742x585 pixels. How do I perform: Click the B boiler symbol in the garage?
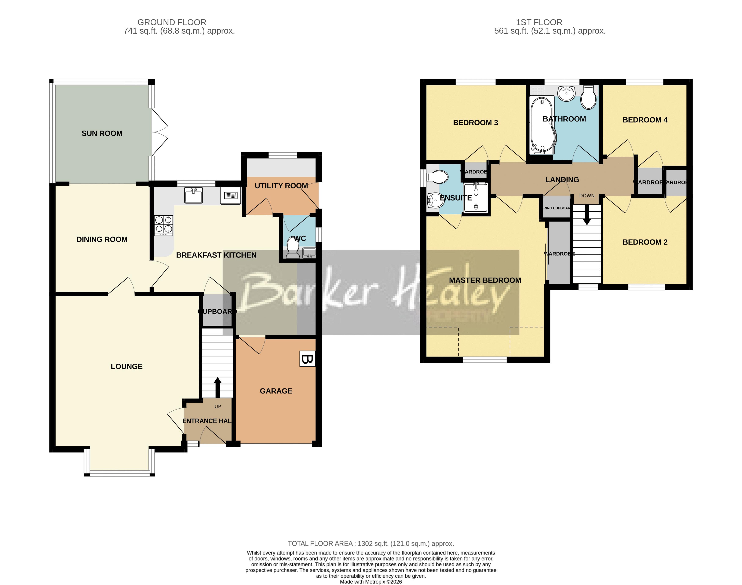coord(307,359)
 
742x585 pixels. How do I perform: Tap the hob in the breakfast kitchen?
coord(163,225)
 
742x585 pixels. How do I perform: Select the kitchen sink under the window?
coord(194,195)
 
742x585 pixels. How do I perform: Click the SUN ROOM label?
coord(102,134)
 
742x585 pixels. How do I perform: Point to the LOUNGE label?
coord(126,366)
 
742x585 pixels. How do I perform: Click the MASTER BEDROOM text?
coord(485,280)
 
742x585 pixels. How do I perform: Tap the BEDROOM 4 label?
coord(645,120)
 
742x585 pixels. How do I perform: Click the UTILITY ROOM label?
coord(281,186)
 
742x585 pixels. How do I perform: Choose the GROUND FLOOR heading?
coord(172,22)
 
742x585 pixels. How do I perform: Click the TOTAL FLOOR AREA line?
coord(371,544)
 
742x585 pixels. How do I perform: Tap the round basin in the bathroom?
coord(566,93)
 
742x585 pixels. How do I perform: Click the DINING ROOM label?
coord(102,240)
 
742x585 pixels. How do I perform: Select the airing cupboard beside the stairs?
coord(556,208)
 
